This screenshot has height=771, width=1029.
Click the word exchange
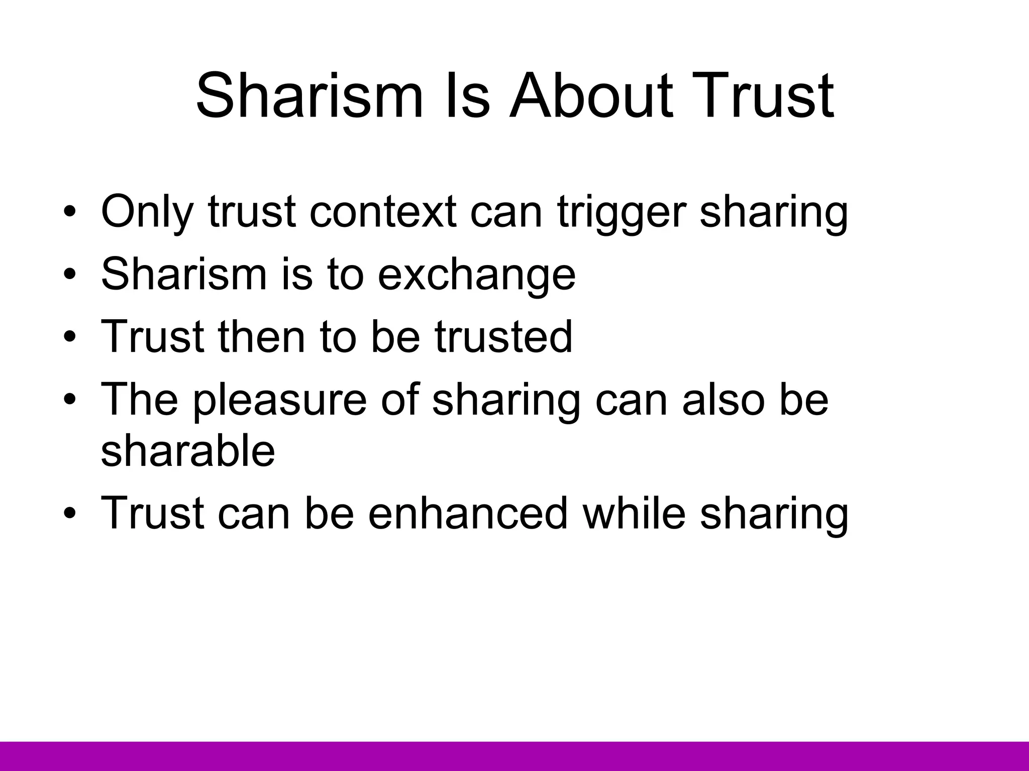pos(476,275)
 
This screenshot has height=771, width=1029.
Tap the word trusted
pos(503,336)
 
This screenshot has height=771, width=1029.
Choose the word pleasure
pos(280,400)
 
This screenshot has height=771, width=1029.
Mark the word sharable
pos(188,450)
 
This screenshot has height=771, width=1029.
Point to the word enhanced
pos(468,513)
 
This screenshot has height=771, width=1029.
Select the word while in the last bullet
pos(634,513)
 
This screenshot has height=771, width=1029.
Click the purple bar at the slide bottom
pos(514,756)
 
